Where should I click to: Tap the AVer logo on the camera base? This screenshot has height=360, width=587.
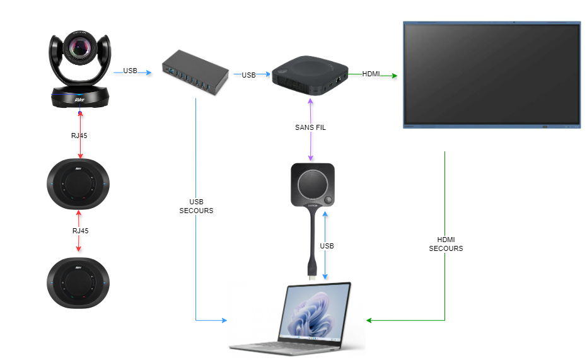(79, 99)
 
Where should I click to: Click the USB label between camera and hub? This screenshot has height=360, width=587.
(130, 71)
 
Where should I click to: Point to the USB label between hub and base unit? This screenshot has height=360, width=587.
(248, 75)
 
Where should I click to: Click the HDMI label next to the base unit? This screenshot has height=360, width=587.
(371, 74)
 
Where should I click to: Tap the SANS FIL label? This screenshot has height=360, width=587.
(310, 127)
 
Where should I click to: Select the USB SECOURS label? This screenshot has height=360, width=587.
(196, 206)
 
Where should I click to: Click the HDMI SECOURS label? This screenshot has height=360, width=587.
(446, 244)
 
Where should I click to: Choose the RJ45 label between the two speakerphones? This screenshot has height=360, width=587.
(80, 231)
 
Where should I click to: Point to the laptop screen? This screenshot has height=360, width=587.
(317, 315)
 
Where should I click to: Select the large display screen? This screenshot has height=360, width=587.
(491, 74)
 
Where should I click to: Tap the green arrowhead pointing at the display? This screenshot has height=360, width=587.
(395, 76)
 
